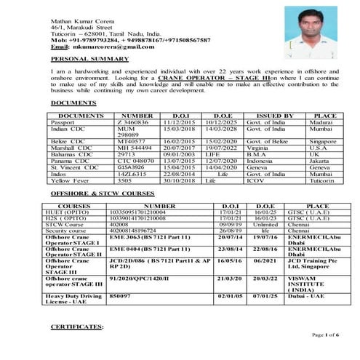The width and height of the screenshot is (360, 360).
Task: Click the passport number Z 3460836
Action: (132, 122)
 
